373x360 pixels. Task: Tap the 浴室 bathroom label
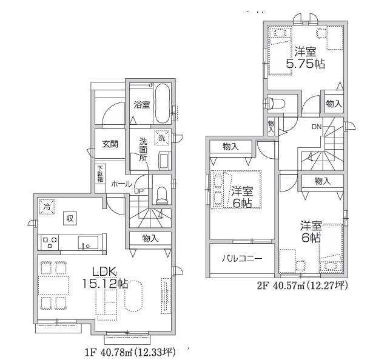[141, 105]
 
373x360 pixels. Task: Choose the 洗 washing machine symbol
[161, 138]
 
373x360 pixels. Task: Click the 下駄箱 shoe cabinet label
[100, 173]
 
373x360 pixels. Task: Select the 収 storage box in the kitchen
[70, 218]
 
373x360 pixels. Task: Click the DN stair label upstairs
[317, 127]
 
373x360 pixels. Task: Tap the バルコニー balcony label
[241, 258]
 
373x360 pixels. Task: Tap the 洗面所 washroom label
[143, 148]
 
